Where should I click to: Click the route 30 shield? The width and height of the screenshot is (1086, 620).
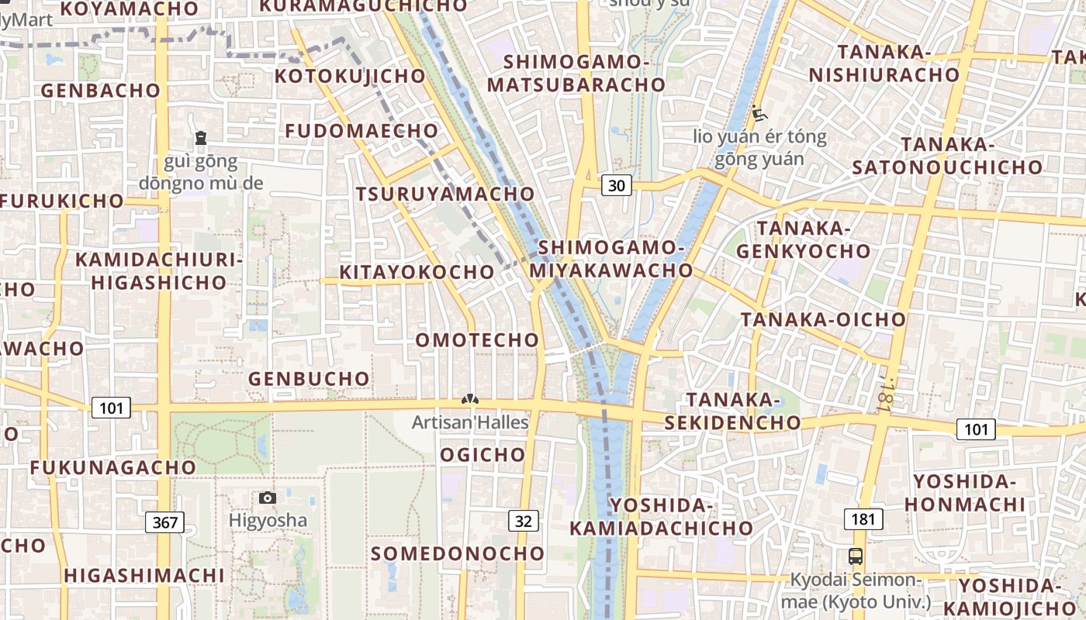tap(617, 185)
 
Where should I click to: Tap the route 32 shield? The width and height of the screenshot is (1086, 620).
tap(524, 521)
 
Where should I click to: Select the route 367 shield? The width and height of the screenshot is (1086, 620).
tap(165, 522)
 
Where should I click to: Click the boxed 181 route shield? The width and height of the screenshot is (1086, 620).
tap(863, 518)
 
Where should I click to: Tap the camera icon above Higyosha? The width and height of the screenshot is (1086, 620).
tap(267, 498)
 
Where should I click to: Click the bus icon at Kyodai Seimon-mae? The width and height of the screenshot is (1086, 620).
tap(856, 556)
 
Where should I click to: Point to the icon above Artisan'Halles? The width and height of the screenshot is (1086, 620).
tap(469, 399)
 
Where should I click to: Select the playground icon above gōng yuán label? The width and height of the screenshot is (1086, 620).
tap(759, 114)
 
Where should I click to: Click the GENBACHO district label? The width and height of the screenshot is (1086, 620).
tap(100, 91)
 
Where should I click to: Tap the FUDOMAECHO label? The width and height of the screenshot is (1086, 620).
tap(362, 131)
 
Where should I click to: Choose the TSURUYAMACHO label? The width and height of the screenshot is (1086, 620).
tap(445, 194)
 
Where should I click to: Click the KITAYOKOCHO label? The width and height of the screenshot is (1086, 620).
tap(417, 273)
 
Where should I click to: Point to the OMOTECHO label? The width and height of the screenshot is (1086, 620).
tap(477, 340)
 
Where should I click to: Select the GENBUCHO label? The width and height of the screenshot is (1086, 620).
tap(309, 379)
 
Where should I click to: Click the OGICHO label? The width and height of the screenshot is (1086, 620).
tap(482, 455)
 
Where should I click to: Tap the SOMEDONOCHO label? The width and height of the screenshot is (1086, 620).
tap(458, 553)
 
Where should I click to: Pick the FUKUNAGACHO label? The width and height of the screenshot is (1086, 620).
tap(113, 468)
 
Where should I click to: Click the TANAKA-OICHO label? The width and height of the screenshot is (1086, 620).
tap(823, 320)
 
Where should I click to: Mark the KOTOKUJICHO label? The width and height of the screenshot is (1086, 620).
tap(350, 76)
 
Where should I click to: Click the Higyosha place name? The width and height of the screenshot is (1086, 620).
tap(268, 520)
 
